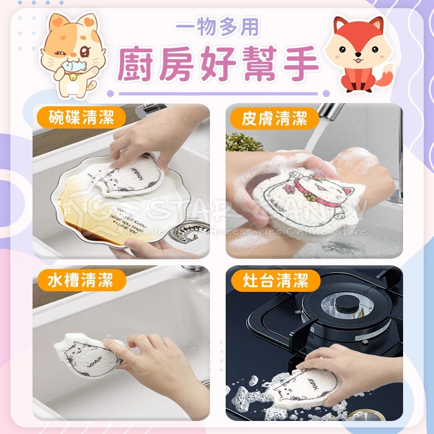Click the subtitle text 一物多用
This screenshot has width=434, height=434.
pos(218,27)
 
